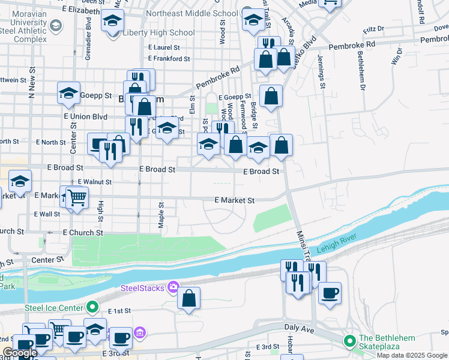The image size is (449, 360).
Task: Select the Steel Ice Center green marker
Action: point(91,308)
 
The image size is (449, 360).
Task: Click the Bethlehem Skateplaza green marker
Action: point(349,341)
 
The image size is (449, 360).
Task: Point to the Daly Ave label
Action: point(299,329)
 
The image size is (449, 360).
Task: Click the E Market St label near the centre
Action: point(235,200)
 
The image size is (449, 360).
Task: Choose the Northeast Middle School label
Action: point(200,13)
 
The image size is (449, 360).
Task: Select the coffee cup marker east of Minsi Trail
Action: point(329,293)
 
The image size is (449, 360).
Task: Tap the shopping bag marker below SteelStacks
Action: point(188,298)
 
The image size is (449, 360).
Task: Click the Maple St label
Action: point(161,214)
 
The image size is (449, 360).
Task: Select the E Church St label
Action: point(83,232)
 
